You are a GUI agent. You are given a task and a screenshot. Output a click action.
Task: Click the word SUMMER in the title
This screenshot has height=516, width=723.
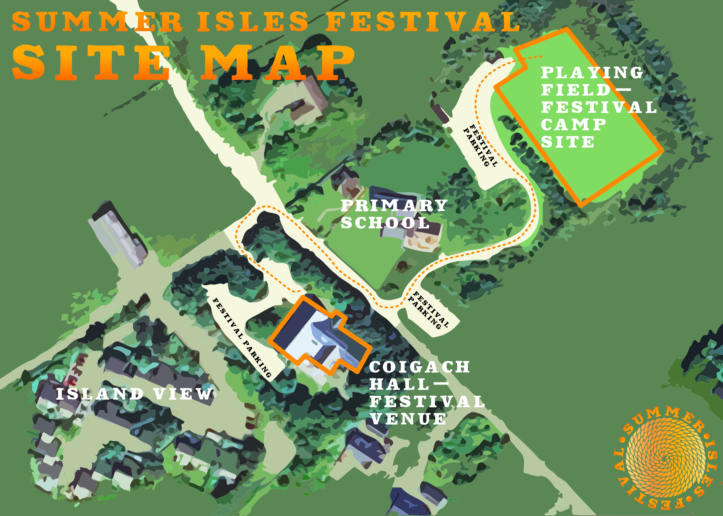97,22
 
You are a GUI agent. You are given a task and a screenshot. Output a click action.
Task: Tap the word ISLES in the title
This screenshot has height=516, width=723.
253,22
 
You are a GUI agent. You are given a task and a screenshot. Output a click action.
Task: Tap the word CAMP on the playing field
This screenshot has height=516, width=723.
574,125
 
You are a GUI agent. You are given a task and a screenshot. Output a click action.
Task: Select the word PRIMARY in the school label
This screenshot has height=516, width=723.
394,206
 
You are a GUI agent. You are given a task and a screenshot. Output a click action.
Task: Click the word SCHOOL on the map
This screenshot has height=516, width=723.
385,223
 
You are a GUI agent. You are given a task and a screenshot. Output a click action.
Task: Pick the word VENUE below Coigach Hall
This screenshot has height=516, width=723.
408,419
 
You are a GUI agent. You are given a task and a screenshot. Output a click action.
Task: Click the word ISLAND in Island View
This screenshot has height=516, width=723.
100,394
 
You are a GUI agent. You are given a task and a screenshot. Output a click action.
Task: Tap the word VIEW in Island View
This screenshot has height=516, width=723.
183,394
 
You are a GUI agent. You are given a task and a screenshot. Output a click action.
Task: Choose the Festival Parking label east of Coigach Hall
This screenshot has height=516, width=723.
429,310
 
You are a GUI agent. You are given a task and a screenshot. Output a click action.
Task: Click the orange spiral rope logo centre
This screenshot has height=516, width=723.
665,458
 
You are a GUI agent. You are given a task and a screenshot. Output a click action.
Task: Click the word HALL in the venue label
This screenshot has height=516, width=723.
399,385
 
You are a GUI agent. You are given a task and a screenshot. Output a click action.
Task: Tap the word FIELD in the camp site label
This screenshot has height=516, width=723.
576,90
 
